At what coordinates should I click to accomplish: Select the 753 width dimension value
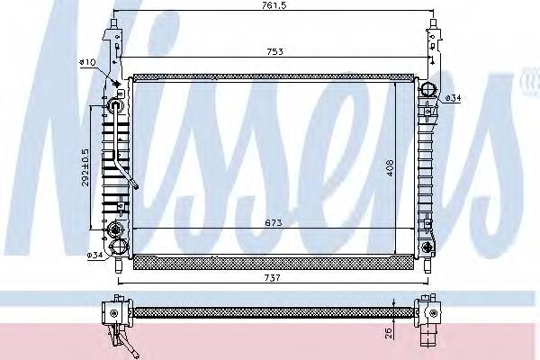275,51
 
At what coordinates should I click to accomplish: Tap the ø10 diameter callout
87,61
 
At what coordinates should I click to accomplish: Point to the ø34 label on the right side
455,97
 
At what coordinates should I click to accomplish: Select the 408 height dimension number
391,168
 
